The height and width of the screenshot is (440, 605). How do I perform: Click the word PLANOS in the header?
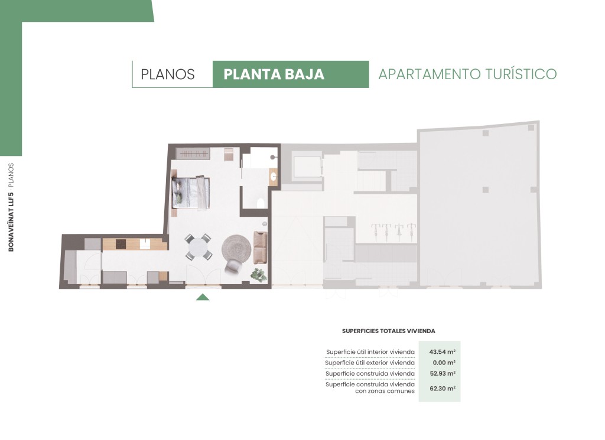tap(167, 74)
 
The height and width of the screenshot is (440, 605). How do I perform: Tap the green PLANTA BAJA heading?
tap(274, 74)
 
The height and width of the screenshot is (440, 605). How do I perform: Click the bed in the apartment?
tap(191, 193)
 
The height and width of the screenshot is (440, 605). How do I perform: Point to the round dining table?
tap(198, 247)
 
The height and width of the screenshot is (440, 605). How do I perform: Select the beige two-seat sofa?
tap(261, 248)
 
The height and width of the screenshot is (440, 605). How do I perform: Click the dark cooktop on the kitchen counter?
tap(121, 245)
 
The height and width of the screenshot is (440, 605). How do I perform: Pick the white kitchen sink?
tap(145, 245)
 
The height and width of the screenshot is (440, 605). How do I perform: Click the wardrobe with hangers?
tap(193, 154)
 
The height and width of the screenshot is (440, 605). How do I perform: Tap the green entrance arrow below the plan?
tap(203, 297)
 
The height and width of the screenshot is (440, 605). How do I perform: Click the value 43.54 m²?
tap(442, 351)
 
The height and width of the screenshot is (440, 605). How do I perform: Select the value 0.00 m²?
tap(444, 363)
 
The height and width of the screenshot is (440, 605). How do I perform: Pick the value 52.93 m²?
tap(443, 373)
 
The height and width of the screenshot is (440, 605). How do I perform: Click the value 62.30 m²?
tap(443, 389)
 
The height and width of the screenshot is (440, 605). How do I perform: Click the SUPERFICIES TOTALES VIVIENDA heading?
tap(389, 331)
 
